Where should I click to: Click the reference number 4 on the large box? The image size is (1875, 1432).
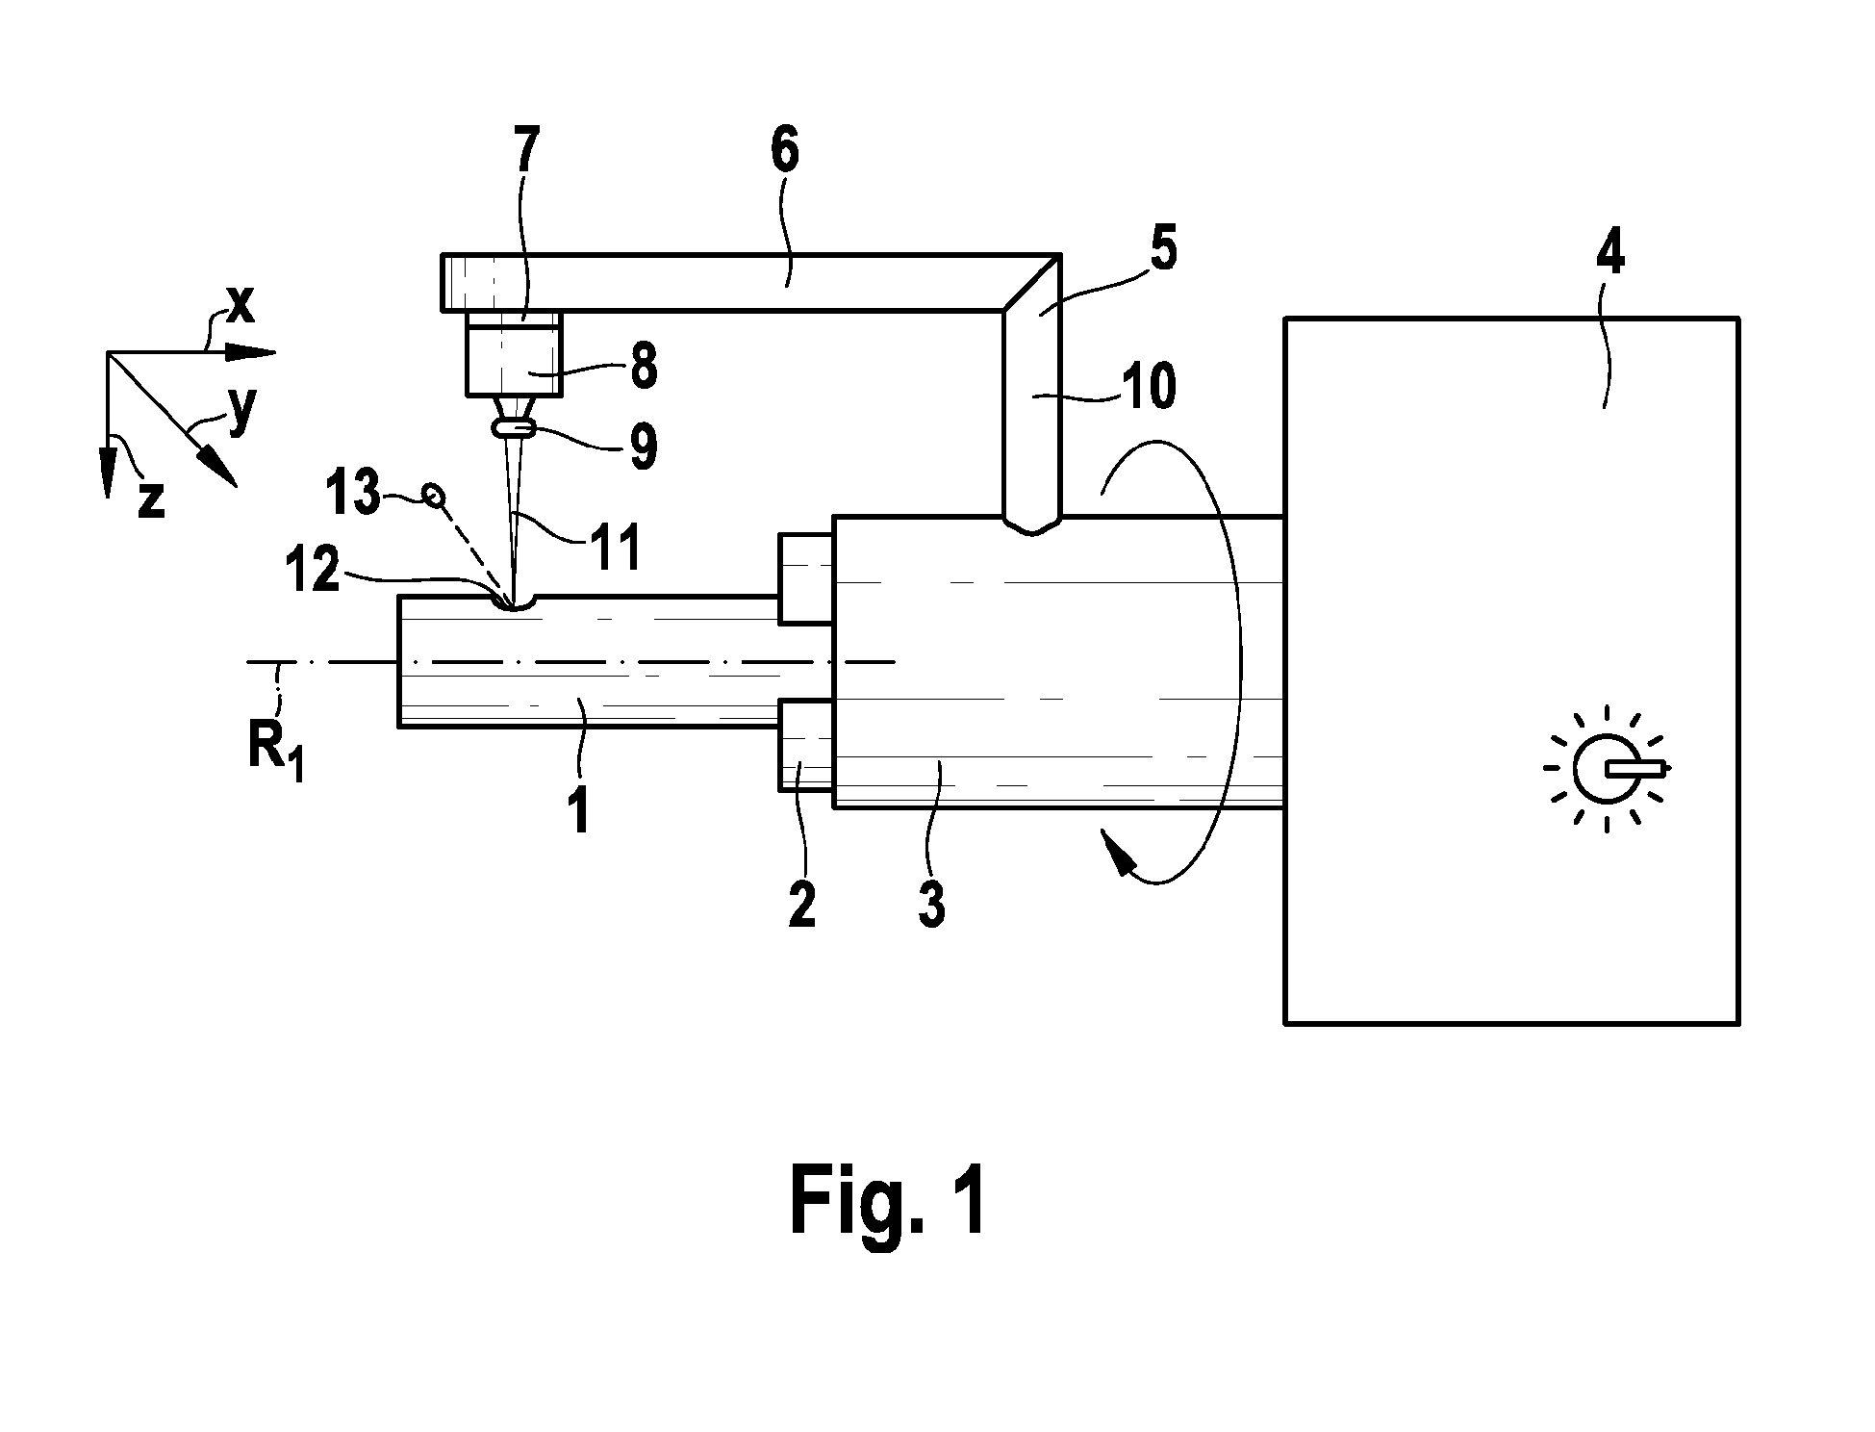tap(1609, 252)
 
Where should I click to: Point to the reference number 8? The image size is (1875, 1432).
tap(643, 367)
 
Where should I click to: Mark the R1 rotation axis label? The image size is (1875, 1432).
tap(275, 749)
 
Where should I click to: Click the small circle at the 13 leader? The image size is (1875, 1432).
tap(434, 496)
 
